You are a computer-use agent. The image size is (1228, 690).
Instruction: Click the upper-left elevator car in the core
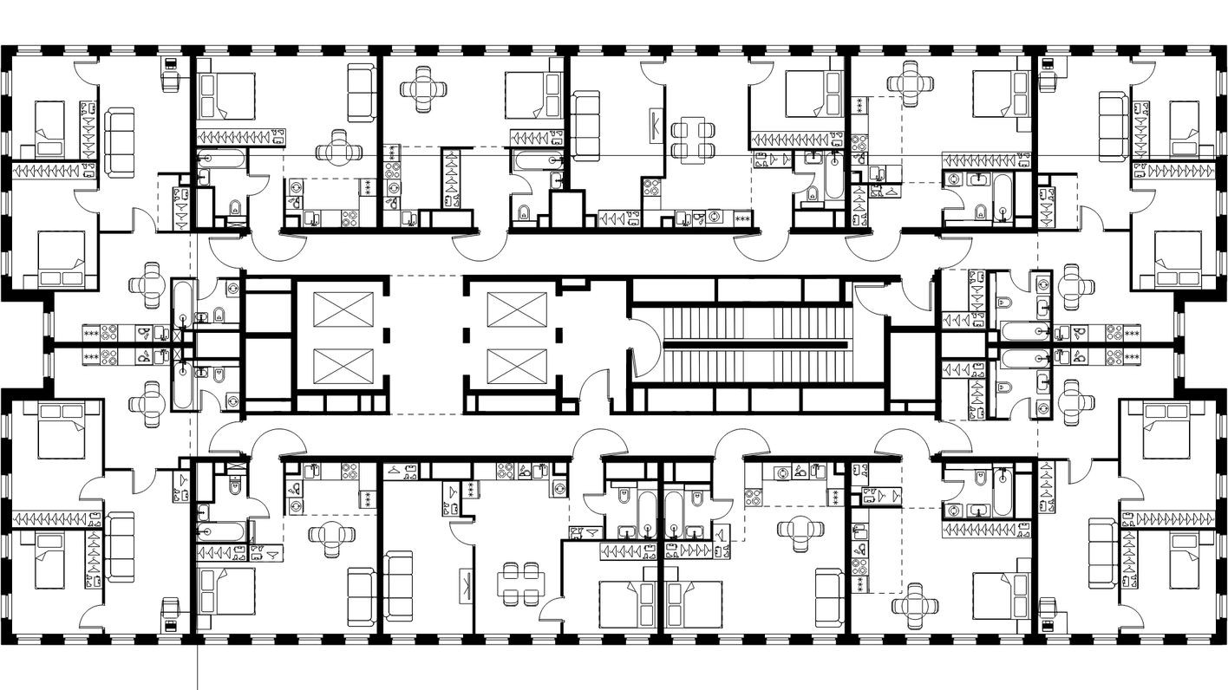(343, 309)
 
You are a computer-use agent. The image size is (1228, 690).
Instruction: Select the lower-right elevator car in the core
(517, 365)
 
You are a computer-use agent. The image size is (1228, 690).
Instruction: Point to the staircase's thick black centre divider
(754, 344)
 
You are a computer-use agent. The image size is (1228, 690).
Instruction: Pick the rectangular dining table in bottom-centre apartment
(520, 583)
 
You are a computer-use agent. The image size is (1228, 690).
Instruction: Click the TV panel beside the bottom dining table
(466, 583)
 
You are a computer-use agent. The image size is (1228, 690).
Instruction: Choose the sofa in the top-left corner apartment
(120, 142)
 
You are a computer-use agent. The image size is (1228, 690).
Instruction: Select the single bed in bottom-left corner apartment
(50, 560)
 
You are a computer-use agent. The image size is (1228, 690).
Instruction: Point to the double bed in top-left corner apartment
(61, 259)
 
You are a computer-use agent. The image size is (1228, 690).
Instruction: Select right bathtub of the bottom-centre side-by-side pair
(675, 515)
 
